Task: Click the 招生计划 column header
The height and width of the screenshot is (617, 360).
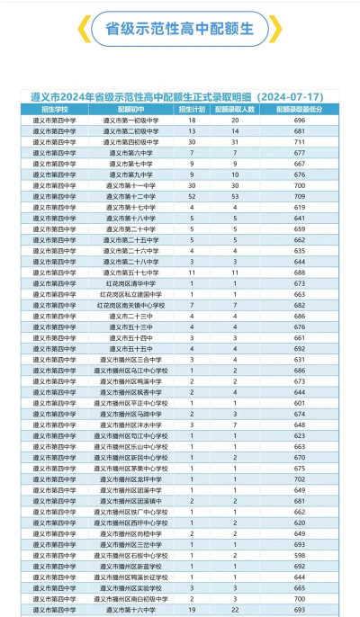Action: pyautogui.click(x=192, y=109)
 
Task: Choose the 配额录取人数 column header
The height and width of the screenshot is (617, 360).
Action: pyautogui.click(x=235, y=109)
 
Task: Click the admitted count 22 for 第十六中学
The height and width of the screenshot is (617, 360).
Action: pyautogui.click(x=235, y=610)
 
